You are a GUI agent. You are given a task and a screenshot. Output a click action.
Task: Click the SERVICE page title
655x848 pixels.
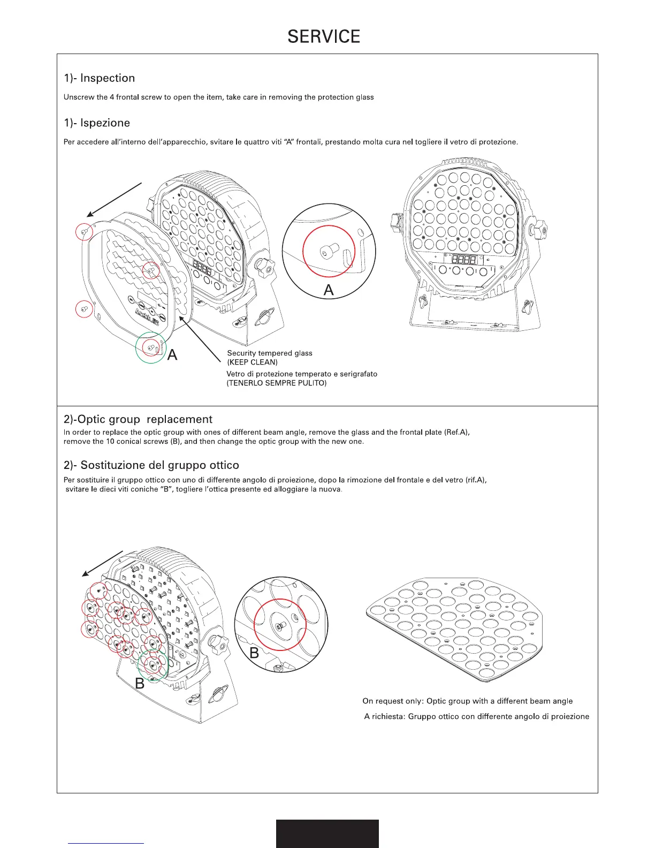click(324, 36)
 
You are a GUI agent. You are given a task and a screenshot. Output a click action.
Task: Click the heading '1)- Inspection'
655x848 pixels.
click(99, 78)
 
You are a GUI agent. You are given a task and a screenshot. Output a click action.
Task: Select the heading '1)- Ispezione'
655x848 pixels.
click(97, 123)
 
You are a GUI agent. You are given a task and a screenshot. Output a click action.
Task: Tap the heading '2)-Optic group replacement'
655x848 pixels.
click(138, 419)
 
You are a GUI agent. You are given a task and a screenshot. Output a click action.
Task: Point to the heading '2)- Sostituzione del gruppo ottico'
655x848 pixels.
click(151, 465)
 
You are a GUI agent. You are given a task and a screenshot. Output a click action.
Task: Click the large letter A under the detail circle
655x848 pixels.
click(329, 290)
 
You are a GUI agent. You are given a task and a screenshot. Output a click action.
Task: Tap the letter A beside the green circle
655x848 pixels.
click(172, 355)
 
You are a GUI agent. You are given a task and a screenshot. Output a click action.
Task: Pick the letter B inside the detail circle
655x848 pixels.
click(254, 653)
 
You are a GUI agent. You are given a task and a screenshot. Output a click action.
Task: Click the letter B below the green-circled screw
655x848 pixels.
click(140, 684)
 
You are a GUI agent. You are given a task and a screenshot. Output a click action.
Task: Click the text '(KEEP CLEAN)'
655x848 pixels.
click(253, 362)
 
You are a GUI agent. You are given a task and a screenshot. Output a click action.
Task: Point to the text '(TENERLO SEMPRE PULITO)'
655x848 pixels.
click(277, 383)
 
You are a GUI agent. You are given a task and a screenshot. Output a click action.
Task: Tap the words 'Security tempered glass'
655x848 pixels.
click(270, 353)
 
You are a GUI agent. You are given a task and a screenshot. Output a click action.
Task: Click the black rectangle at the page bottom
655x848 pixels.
click(327, 834)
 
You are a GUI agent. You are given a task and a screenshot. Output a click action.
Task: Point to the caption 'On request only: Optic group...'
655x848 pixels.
click(467, 701)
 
